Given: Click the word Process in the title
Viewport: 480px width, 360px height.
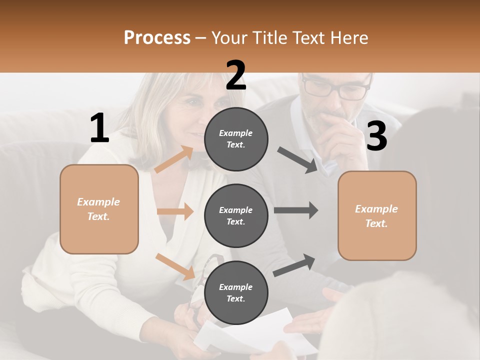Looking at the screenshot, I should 157,37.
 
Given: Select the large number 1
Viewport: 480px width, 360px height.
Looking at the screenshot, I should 99,128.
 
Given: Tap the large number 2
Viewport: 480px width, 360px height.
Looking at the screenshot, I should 236,75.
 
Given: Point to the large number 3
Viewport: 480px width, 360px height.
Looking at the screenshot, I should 376,136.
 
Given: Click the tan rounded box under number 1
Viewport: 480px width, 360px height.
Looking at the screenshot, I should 99,209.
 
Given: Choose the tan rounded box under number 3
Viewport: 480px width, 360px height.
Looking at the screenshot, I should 377,215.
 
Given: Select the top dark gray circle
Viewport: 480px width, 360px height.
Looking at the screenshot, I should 236,139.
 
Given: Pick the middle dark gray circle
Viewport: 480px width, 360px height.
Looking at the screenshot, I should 236,215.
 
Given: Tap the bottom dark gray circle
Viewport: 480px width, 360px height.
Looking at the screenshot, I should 236,292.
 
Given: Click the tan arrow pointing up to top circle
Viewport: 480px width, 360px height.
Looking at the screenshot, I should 174,159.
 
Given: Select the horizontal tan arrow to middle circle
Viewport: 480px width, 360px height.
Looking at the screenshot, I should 175,211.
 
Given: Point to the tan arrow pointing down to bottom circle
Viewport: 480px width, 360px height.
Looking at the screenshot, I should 175,266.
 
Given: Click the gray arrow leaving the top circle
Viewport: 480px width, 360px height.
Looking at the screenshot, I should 297,159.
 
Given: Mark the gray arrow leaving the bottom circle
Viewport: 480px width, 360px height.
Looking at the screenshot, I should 294,265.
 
